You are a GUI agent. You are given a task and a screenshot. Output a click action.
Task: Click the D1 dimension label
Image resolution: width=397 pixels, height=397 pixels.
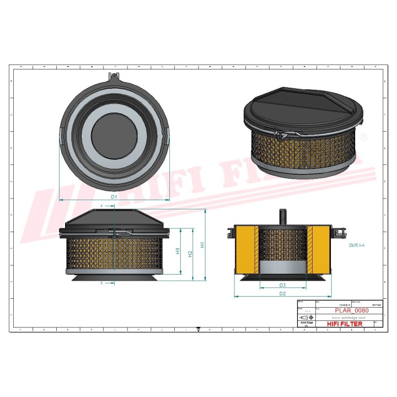[114, 196]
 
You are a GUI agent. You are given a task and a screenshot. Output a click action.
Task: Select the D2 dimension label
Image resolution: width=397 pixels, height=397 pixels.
[282, 294]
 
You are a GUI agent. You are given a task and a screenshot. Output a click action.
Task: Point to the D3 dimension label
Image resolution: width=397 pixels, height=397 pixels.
[282, 285]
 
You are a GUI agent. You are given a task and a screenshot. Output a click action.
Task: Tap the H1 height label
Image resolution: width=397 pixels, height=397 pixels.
[202, 244]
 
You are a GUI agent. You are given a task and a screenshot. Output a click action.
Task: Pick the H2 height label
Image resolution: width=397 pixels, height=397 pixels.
[190, 254]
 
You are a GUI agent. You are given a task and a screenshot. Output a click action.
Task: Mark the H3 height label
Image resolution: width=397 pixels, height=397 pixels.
[178, 251]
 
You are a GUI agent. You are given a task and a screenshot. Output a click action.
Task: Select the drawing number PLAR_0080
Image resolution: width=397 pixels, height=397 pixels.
[352, 311]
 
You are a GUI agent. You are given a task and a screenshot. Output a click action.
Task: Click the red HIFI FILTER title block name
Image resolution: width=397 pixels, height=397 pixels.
[345, 324]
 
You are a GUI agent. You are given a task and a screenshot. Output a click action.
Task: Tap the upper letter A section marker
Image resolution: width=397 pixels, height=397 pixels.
[101, 205]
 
